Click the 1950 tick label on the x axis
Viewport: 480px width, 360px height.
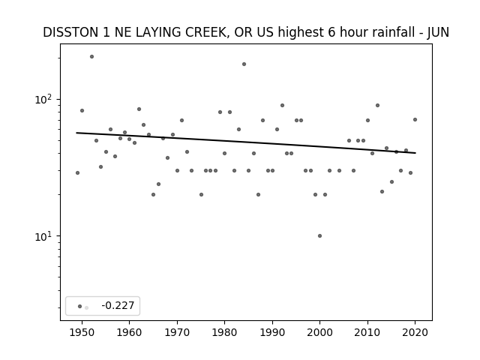[82, 332]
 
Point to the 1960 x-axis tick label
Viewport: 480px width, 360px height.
[129, 332]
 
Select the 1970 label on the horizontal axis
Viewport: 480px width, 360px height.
[177, 332]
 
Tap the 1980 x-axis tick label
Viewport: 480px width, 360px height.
[224, 332]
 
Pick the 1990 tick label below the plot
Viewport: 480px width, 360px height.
[272, 332]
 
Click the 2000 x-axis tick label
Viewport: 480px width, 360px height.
[319, 332]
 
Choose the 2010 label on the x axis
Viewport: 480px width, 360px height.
[367, 332]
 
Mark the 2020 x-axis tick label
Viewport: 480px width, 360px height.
[415, 332]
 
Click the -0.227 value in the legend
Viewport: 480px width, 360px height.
[118, 305]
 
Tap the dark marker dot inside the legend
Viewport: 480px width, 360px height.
[80, 306]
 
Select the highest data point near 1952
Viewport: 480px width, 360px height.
[91, 57]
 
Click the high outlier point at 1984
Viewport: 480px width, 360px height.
[244, 64]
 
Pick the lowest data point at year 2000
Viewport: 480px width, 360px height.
[320, 235]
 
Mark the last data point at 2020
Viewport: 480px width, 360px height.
[415, 120]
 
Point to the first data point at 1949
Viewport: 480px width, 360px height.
[77, 173]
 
